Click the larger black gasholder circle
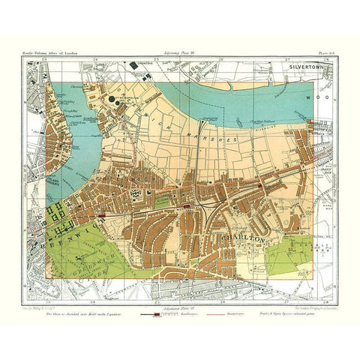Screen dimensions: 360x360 coord(113,97)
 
